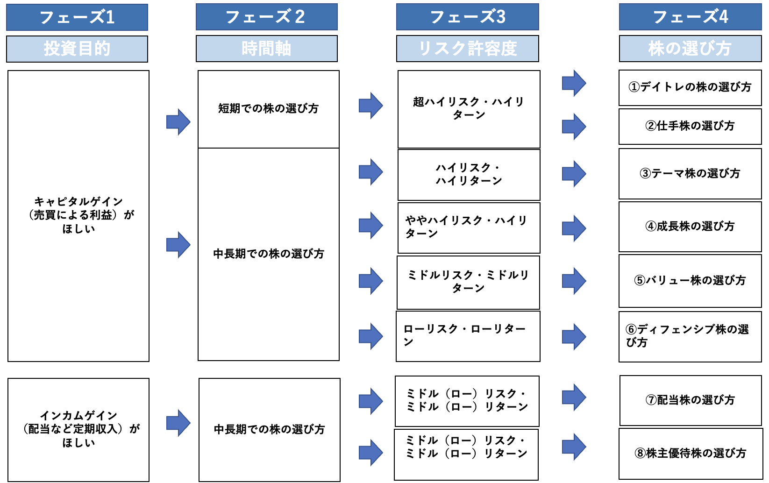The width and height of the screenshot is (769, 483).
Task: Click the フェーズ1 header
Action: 77,17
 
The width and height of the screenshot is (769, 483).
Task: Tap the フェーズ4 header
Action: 690,17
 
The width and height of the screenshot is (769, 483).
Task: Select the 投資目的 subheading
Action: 77,49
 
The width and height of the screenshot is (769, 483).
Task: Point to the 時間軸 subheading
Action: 266,49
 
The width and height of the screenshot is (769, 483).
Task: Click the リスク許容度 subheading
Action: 467,49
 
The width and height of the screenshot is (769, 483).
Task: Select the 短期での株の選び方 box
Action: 268,109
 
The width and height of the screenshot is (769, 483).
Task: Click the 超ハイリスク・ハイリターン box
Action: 469,109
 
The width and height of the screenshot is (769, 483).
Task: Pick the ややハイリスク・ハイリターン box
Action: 469,227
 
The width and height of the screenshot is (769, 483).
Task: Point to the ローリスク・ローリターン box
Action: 468,336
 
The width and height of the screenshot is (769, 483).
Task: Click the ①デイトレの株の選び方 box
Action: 690,87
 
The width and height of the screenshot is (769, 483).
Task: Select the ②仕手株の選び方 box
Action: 690,126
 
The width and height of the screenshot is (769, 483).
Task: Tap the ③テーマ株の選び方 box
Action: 690,174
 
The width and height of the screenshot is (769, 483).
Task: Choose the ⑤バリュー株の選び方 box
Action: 690,280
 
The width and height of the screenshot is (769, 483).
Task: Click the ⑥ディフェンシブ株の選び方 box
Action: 690,336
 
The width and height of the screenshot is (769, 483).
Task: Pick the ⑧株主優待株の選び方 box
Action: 690,453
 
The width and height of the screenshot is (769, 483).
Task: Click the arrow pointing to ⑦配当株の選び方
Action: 573,398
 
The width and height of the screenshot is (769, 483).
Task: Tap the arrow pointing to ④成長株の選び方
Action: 573,228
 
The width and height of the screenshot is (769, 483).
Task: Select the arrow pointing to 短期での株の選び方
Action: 178,122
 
